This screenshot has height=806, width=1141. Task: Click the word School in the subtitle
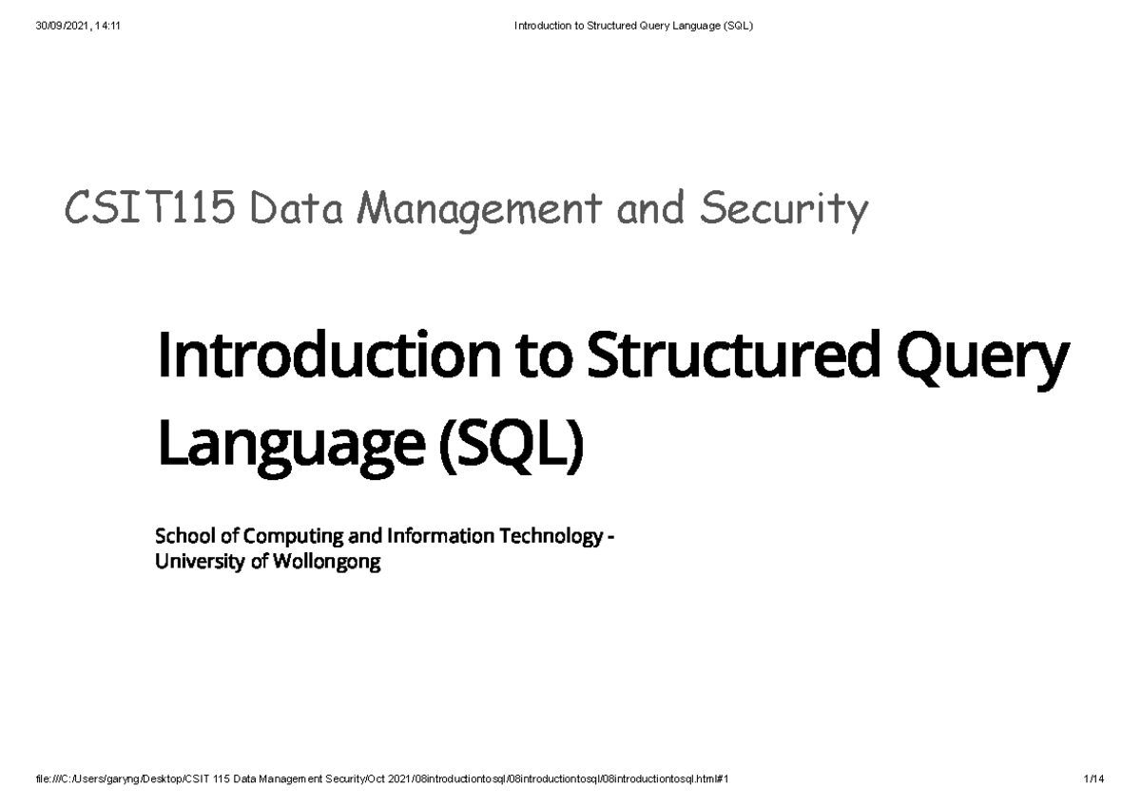click(181, 537)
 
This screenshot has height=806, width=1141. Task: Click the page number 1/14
click(1093, 778)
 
